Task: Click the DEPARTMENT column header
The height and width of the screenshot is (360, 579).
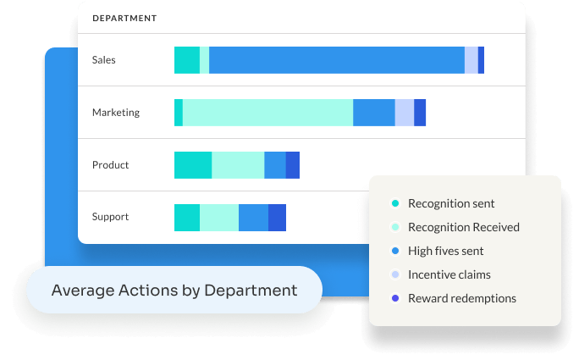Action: [x=124, y=18]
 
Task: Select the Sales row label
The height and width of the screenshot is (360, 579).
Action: [x=104, y=60]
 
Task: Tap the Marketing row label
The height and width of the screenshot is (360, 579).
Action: [x=116, y=113]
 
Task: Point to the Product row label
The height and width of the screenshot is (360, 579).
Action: [x=111, y=165]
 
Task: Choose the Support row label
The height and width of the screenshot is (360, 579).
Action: [x=111, y=217]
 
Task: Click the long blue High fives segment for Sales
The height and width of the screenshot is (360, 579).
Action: [x=336, y=60]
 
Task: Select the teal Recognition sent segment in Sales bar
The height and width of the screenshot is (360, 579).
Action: [x=187, y=60]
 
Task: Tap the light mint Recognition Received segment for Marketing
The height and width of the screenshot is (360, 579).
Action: [x=267, y=113]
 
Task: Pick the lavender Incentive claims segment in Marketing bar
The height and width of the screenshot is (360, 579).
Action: [x=405, y=113]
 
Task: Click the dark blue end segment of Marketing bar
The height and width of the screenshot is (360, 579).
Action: [x=420, y=113]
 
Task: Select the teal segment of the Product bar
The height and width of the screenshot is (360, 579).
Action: [x=193, y=165]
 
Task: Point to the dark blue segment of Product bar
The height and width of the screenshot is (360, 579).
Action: [x=293, y=165]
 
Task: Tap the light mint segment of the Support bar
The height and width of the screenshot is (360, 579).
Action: [x=219, y=217]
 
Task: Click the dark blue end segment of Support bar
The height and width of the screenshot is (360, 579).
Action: [x=277, y=217]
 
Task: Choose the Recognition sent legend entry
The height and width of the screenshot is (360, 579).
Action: [x=450, y=203]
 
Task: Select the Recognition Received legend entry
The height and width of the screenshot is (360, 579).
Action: [x=463, y=227]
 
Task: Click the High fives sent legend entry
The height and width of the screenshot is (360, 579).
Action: [x=445, y=251]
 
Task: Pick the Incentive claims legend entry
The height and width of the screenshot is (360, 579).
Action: [x=449, y=274]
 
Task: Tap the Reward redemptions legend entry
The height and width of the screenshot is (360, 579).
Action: [x=461, y=298]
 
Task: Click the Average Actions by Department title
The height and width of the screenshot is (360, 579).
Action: [x=174, y=291]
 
